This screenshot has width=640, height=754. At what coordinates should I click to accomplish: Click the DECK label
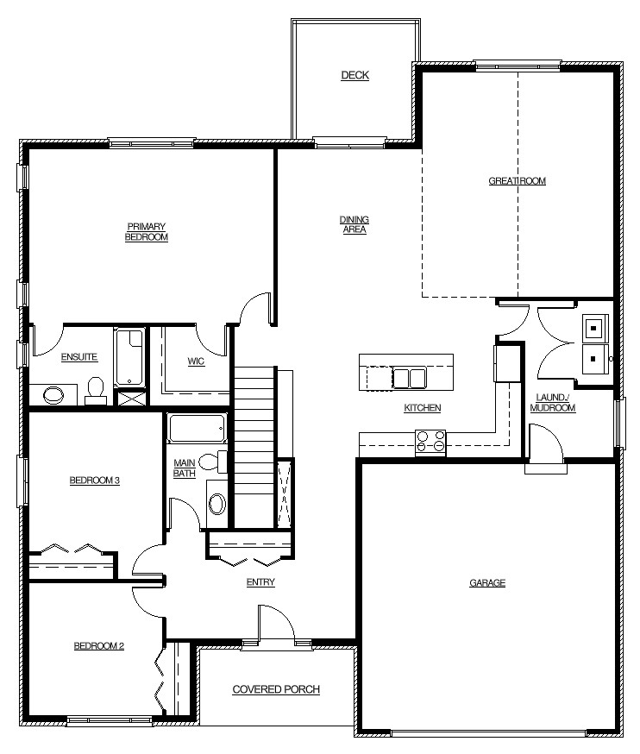coord(355,75)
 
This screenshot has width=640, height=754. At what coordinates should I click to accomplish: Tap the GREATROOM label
coord(517,181)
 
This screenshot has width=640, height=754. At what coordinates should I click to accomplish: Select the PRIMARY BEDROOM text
coord(146,232)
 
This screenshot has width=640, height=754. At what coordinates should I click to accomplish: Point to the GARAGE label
coord(487,583)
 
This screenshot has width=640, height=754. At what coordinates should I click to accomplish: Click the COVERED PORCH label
coord(276,689)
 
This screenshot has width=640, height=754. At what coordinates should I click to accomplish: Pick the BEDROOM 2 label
coord(98,646)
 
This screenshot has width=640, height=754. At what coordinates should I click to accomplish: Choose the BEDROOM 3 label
coord(94,481)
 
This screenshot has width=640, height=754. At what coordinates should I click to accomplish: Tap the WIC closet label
coord(196,361)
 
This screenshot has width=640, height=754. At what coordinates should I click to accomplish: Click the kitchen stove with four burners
coord(430,443)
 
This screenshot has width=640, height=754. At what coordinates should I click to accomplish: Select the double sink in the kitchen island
coord(409,378)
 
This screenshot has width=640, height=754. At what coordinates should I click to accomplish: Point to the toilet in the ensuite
coord(96,391)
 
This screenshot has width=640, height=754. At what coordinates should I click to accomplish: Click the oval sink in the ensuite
coord(53,395)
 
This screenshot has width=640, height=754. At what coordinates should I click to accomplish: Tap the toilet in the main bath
coord(212,462)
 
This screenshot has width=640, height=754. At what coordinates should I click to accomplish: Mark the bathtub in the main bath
coord(197,428)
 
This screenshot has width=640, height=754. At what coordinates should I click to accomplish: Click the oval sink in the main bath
coord(217,504)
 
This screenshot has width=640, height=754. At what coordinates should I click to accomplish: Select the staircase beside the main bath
coord(254,446)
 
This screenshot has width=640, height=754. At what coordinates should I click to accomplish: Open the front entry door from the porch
coord(276,623)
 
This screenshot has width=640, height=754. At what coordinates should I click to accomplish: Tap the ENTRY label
coord(260,582)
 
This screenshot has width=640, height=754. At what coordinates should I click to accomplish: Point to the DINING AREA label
coord(355,224)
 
